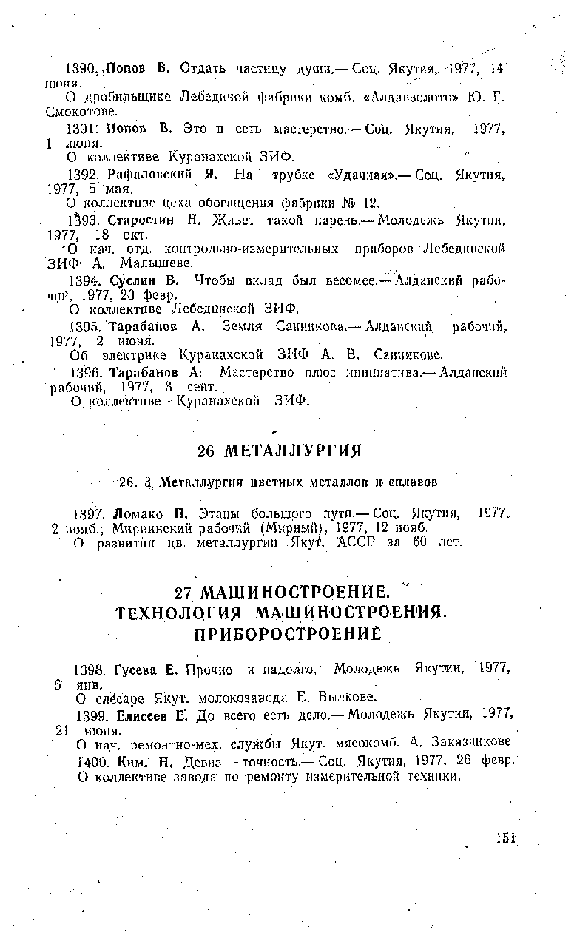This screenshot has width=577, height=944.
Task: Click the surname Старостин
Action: pos(139,220)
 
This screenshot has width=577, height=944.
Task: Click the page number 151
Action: pos(506,837)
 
